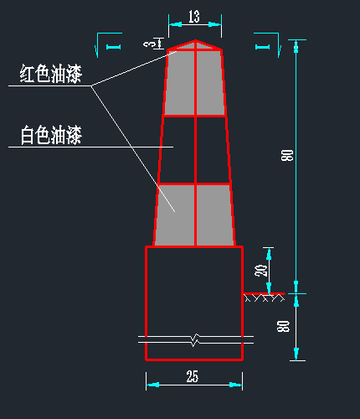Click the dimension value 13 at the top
click(x=194, y=17)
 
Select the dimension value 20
click(x=261, y=270)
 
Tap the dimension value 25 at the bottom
click(x=193, y=376)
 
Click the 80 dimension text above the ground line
click(x=287, y=155)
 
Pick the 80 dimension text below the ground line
click(x=283, y=326)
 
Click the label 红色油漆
click(x=51, y=74)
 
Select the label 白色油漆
click(x=51, y=135)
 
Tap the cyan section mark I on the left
click(x=113, y=47)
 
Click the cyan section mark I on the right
click(x=263, y=47)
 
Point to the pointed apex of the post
click(x=195, y=40)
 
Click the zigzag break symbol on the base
click(x=196, y=339)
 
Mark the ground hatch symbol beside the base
click(x=265, y=298)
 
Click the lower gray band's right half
click(x=215, y=215)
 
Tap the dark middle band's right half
click(x=213, y=150)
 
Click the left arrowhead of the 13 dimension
click(x=175, y=24)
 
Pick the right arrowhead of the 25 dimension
click(x=236, y=385)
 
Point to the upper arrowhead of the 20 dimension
click(x=269, y=254)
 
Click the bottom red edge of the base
click(x=194, y=360)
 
